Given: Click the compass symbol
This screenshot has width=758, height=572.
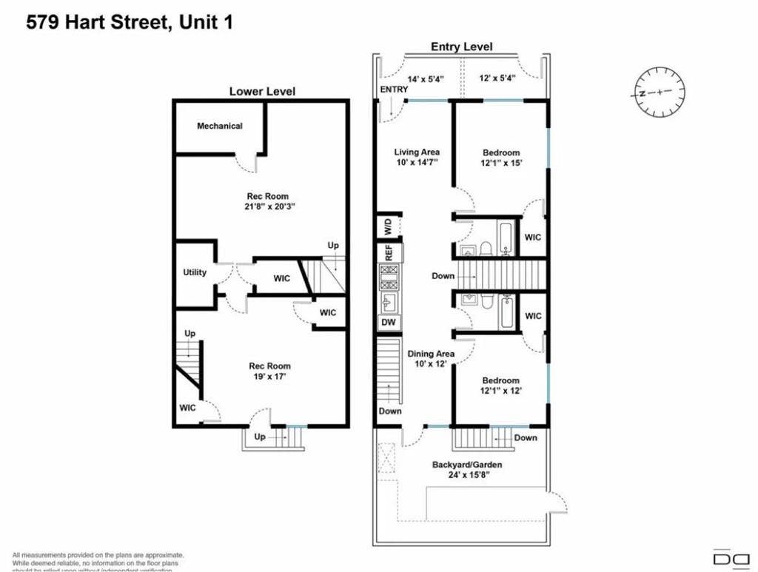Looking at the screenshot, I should click(x=658, y=92).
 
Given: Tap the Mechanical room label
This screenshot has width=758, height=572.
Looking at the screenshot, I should click(x=219, y=126).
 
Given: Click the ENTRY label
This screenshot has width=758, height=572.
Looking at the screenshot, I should click(x=394, y=90).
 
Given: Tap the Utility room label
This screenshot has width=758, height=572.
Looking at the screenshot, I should click(x=195, y=272).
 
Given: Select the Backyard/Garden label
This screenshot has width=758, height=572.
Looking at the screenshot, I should click(x=467, y=465).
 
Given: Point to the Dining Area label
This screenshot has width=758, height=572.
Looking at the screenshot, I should click(x=431, y=354).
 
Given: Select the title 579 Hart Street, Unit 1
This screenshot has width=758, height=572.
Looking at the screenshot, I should click(x=130, y=22).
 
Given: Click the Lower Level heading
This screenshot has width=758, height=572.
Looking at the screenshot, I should click(x=262, y=92).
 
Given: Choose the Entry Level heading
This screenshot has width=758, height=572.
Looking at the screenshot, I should click(x=462, y=47).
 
